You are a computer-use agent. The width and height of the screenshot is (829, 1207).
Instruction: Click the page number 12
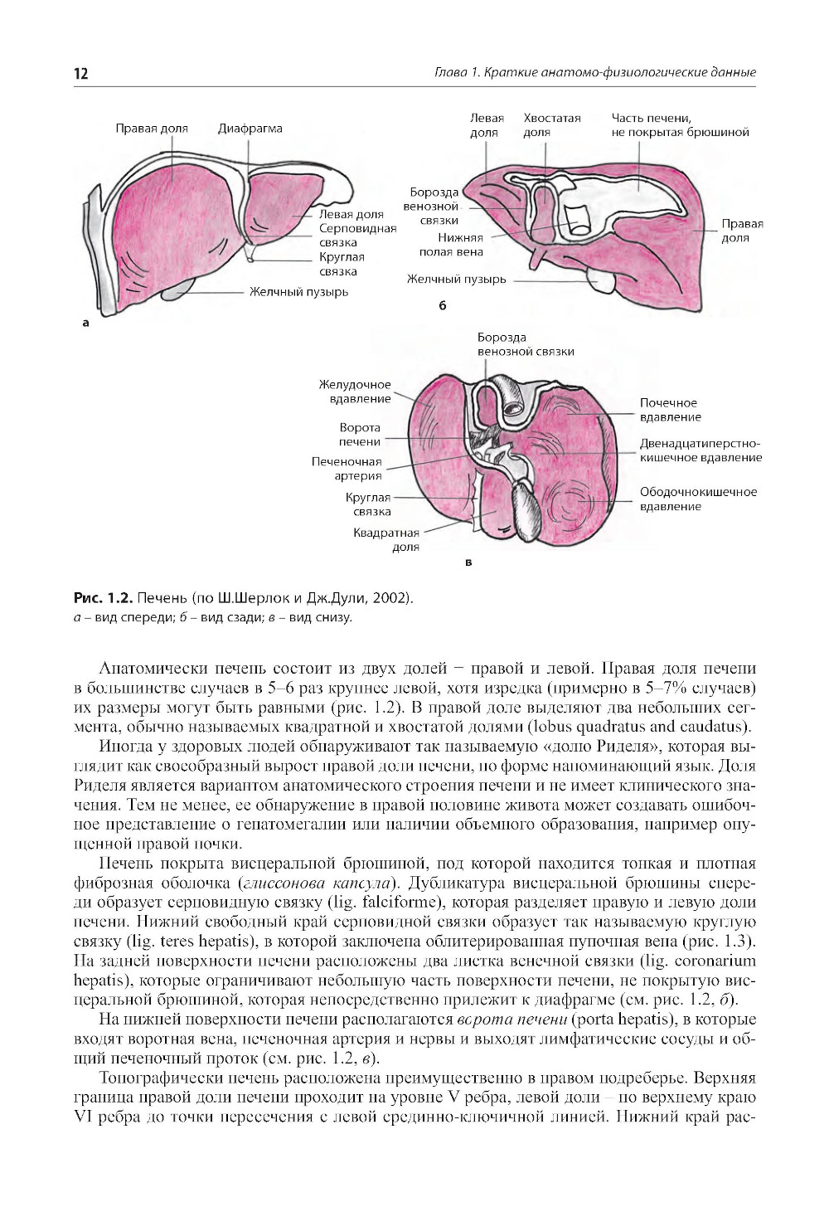81,74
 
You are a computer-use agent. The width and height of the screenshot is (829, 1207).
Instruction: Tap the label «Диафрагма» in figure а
250,129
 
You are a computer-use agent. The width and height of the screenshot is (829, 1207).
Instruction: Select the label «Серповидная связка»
357,236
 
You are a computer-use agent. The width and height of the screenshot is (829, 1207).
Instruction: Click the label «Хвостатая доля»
552,125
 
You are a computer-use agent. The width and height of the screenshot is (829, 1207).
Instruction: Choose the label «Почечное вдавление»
670,410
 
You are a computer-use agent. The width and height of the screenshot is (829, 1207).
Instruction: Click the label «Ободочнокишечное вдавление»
698,499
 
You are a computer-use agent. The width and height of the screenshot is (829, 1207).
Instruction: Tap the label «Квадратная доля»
386,540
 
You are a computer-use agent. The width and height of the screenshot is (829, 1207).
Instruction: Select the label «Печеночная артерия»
347,469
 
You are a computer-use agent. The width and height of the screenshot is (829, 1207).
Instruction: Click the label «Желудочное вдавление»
355,392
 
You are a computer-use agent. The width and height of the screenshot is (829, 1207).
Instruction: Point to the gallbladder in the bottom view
524,509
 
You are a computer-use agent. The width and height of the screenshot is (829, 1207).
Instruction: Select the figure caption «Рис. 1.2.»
104,598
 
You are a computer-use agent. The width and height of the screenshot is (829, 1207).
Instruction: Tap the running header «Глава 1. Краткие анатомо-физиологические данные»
594,73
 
